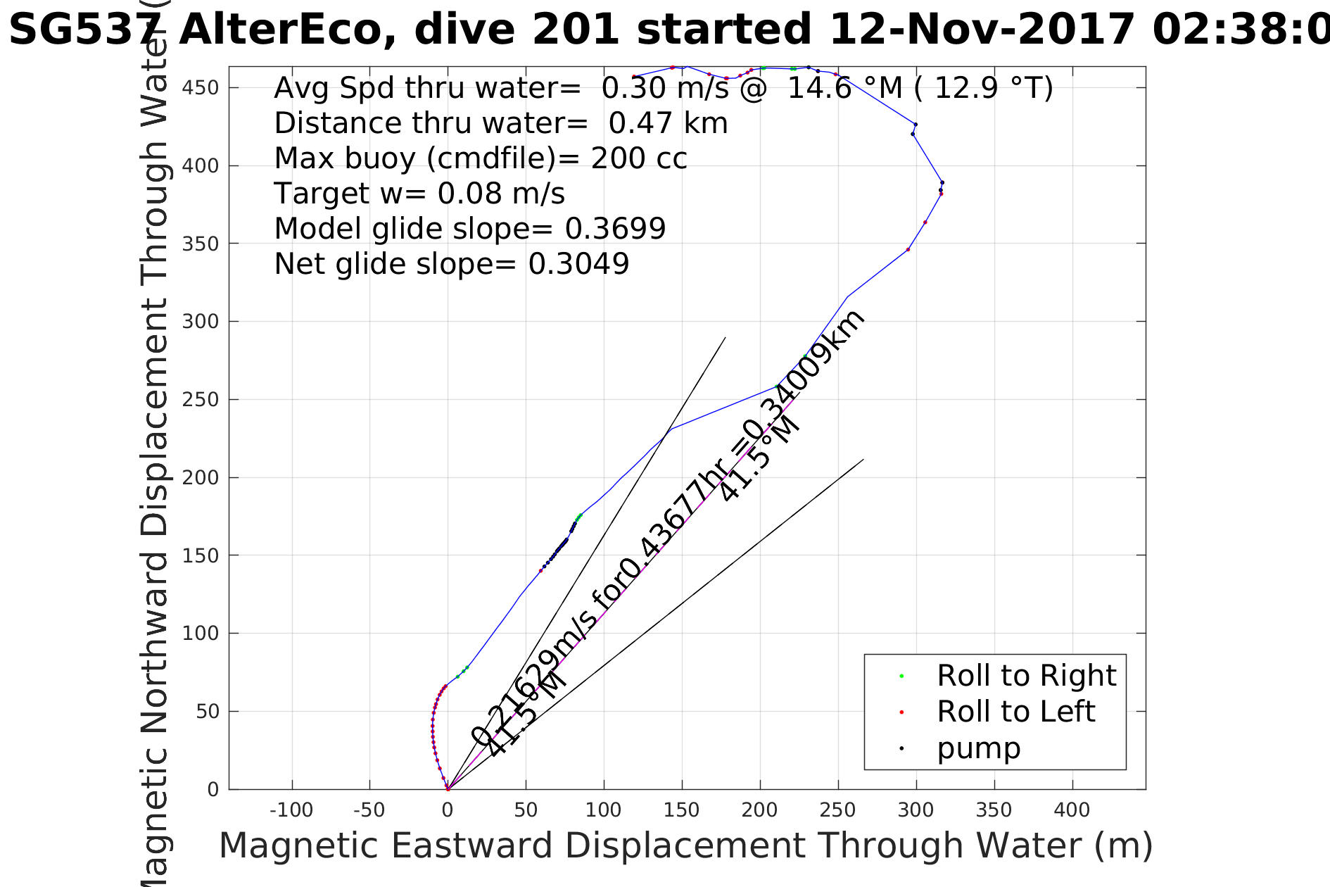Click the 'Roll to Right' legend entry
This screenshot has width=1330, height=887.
(x=1026, y=676)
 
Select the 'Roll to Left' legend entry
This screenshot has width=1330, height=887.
(x=1015, y=712)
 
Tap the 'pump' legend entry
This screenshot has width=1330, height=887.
(x=978, y=748)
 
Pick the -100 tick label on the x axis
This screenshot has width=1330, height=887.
(x=291, y=810)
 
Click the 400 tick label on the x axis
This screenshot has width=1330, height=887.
(x=1072, y=810)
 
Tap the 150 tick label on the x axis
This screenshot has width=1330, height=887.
(x=681, y=810)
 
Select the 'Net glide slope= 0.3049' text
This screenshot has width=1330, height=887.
(x=451, y=264)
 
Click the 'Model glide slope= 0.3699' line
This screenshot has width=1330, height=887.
(x=469, y=229)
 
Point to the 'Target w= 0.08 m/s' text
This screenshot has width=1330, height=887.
(x=419, y=194)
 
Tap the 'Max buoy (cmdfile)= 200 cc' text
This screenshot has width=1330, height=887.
(x=480, y=158)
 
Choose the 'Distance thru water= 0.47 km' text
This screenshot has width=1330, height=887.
(x=500, y=123)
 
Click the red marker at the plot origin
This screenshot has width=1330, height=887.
(x=448, y=789)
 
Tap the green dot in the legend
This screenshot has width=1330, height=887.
(x=901, y=677)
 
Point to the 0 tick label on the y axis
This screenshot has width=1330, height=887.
(x=213, y=789)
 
